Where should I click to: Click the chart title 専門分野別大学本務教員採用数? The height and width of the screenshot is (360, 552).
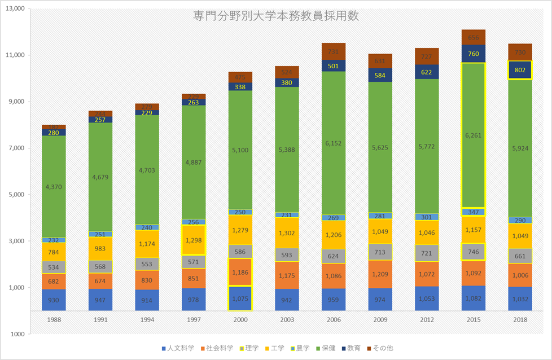[275, 16]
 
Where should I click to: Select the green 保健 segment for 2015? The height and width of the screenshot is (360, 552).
[473, 135]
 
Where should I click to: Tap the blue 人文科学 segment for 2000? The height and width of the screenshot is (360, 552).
[240, 298]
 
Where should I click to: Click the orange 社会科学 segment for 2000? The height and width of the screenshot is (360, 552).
[240, 273]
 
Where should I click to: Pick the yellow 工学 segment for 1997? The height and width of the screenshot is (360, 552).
[194, 240]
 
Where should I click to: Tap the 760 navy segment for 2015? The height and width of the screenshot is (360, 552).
[473, 54]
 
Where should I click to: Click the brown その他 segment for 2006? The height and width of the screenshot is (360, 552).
[333, 51]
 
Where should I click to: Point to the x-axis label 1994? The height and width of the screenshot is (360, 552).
[147, 319]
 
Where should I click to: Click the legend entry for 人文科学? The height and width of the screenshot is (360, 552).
[176, 348]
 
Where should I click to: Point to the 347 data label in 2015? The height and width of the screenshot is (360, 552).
[473, 212]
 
